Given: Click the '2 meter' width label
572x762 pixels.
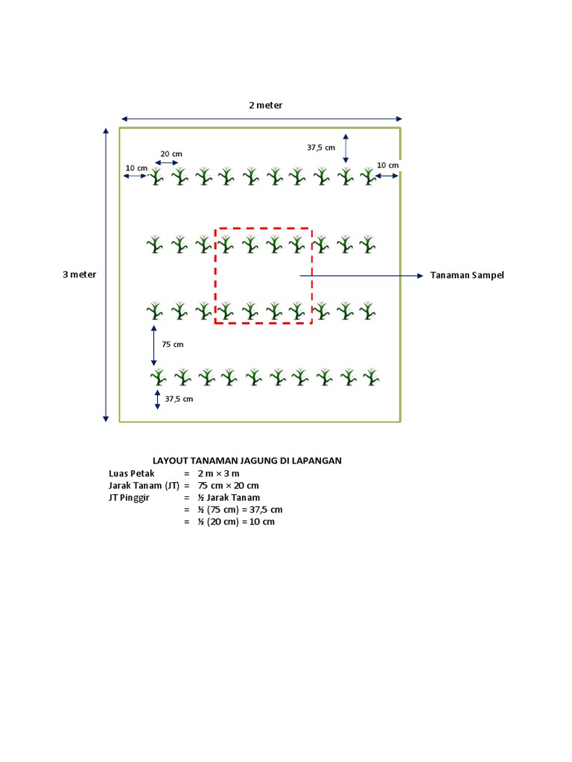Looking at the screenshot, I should click(x=265, y=105).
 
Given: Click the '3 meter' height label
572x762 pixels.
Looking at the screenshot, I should click(x=79, y=275).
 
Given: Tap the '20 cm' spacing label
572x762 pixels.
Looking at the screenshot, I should click(x=171, y=154).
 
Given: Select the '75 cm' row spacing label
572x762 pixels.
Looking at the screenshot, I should click(x=173, y=345).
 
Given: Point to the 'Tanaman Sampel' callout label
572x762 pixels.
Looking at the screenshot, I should click(x=467, y=275).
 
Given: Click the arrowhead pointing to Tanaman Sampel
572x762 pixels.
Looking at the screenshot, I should click(x=419, y=275).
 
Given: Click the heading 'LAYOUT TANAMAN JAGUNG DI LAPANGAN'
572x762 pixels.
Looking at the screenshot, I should click(x=247, y=461).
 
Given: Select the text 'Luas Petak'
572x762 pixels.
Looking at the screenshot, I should click(x=131, y=473).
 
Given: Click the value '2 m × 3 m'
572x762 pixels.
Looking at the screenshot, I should click(x=219, y=473).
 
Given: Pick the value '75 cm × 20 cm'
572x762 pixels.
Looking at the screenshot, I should click(x=228, y=485).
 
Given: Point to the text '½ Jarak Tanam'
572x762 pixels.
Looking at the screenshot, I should click(x=229, y=497).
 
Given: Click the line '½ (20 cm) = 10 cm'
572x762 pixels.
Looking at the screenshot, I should click(x=236, y=522).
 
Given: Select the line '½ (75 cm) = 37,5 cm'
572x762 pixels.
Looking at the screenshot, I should click(x=240, y=510).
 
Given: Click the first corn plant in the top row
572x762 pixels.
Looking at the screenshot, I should click(x=156, y=177).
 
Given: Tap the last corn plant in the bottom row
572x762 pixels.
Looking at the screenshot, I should click(x=372, y=377).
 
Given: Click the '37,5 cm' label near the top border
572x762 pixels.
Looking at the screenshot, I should click(x=321, y=147).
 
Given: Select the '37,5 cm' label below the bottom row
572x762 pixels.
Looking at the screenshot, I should click(x=179, y=399).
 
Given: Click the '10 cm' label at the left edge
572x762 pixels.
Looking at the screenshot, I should click(x=136, y=168).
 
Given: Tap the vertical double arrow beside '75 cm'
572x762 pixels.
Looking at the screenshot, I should click(x=154, y=345).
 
